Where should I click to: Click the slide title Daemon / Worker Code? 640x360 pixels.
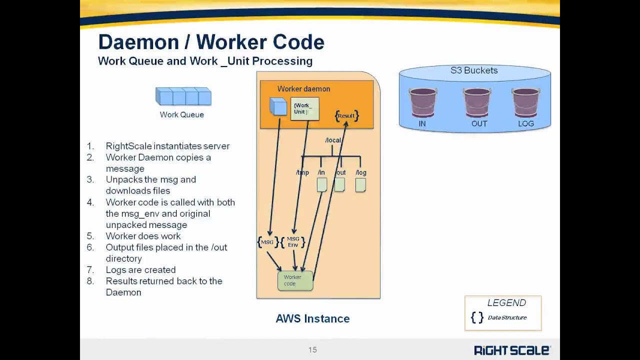tap(211, 42)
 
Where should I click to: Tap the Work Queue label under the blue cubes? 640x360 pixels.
tap(181, 114)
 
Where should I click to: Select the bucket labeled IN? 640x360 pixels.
tap(422, 102)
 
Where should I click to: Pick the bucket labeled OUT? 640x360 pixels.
tap(476, 102)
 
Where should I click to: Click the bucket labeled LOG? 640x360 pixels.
tap(525, 102)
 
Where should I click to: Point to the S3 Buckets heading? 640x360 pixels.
tap(474, 70)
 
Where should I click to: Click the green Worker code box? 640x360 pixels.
tap(295, 280)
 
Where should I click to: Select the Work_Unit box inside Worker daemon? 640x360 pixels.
tap(304, 108)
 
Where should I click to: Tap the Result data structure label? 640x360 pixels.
tap(346, 115)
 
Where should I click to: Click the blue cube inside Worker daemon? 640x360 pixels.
tap(278, 106)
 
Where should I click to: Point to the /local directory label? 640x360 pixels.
tap(333, 140)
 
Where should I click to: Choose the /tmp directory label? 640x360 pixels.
tap(302, 172)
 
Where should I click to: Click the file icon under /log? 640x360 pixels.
tap(360, 185)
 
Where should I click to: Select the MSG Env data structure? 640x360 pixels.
tap(293, 242)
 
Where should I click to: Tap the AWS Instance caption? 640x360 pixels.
tap(312, 318)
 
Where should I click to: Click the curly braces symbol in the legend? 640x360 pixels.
tap(477, 317)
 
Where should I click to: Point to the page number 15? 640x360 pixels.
tap(312, 350)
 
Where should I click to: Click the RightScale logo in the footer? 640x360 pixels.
tap(512, 350)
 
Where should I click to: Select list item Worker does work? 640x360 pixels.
tap(143, 236)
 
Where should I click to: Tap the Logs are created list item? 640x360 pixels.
tap(140, 270)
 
